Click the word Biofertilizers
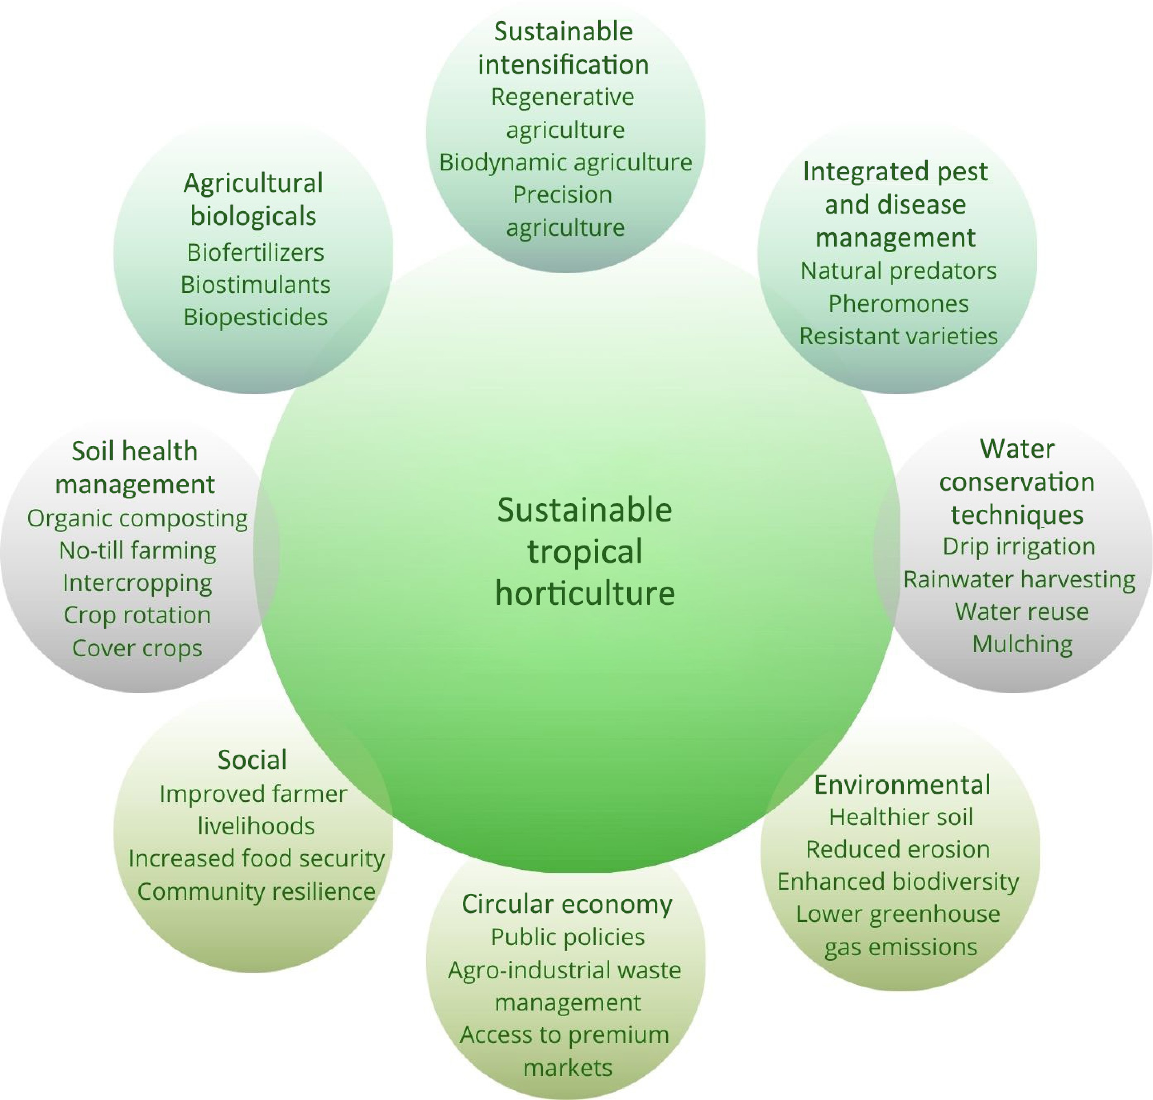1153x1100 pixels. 255,253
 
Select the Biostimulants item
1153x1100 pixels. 255,285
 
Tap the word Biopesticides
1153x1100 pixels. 255,317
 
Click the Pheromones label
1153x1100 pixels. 898,304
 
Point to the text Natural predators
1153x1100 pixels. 898,271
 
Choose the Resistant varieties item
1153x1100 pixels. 898,336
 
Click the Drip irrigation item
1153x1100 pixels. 1019,546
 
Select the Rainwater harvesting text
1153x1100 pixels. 1019,579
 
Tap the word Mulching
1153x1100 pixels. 1022,644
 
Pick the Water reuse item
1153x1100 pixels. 1021,611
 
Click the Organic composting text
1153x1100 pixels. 137,518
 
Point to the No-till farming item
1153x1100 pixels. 137,550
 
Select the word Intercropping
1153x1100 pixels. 137,583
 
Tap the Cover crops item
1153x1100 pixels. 137,648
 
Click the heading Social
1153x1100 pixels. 252,760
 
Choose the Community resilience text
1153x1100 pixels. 256,891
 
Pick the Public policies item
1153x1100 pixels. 567,937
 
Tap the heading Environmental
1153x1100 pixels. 902,785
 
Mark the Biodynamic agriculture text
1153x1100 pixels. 565,162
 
